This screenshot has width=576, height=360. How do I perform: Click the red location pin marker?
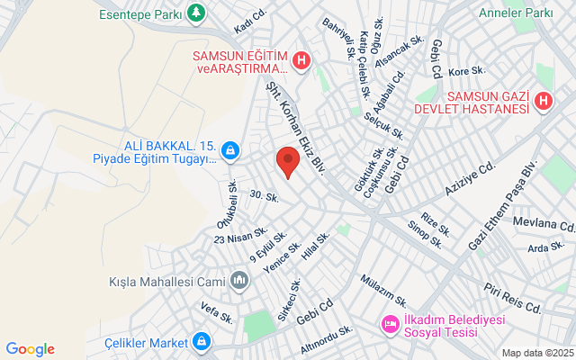tap(287, 161)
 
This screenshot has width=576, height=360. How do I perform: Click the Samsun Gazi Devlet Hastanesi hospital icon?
tap(543, 103)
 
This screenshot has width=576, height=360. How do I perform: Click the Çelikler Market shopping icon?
tap(201, 342)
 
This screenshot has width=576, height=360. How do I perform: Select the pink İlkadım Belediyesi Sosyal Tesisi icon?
tap(390, 322)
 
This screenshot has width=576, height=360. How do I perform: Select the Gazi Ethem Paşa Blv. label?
tap(502, 208)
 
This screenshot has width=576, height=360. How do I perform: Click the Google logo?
tap(30, 349)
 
